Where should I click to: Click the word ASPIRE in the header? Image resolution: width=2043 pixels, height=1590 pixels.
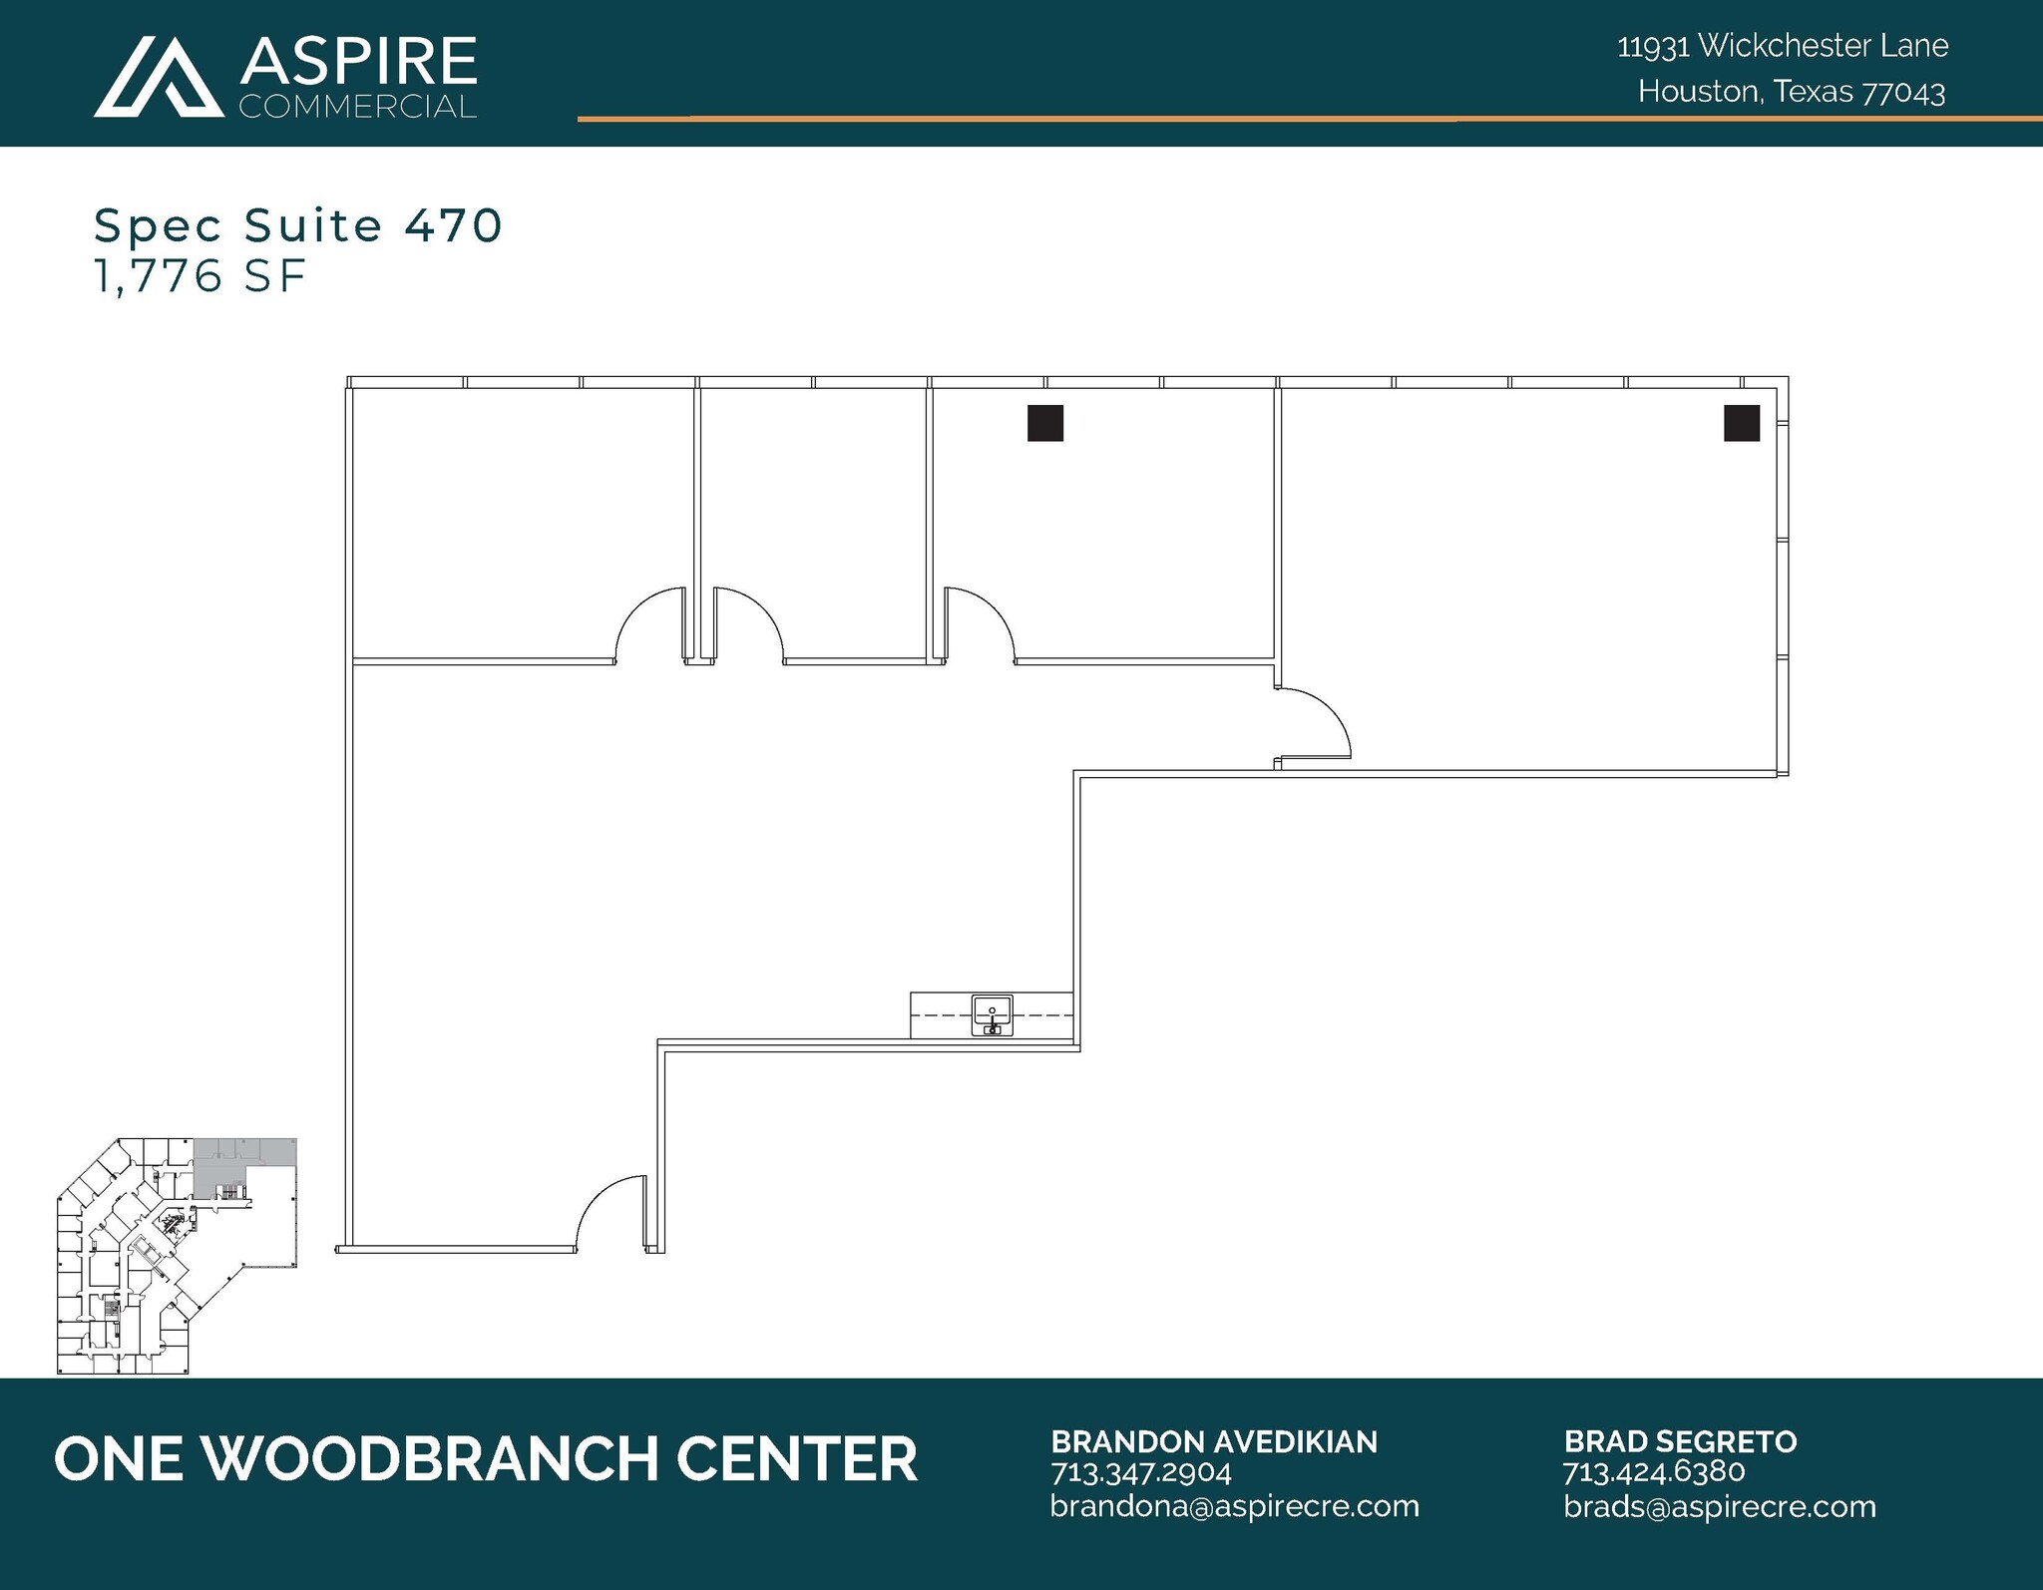[358, 62]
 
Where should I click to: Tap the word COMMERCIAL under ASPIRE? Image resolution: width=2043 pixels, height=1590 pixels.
[358, 107]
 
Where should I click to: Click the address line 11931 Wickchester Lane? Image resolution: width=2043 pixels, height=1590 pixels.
[1783, 46]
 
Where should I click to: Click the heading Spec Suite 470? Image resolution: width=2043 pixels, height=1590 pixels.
[298, 225]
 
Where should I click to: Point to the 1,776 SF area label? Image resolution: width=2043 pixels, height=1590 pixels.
[200, 276]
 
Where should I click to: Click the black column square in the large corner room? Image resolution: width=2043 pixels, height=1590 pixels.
[1742, 423]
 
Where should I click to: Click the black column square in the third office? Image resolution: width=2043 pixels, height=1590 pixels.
[1045, 423]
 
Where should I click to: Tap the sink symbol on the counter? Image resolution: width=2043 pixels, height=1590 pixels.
[992, 1015]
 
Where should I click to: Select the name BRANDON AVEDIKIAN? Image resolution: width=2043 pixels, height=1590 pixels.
[1214, 1441]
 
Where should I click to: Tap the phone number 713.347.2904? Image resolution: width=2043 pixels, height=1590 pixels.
[1141, 1472]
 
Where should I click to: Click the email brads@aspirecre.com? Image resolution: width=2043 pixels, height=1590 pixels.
[1720, 1506]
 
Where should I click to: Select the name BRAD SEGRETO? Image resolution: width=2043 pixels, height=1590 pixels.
[1680, 1441]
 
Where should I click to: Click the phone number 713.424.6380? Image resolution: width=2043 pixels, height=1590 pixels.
[1653, 1472]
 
